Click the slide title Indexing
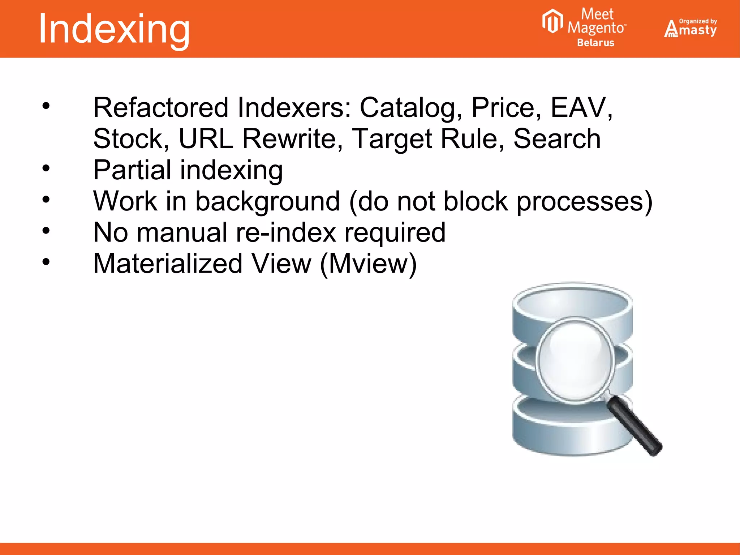pos(114,29)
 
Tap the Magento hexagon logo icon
pos(552,21)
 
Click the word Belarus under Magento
pos(595,43)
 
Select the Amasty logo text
pos(691,30)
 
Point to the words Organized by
pos(698,21)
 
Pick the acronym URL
pos(206,139)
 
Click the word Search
pos(556,139)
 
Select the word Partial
pos(132,170)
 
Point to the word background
pos(267,201)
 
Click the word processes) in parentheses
pos(584,201)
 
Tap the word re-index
pos(286,232)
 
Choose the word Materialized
pos(168,264)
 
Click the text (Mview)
pos(369,264)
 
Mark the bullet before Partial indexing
pos(46,168)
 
